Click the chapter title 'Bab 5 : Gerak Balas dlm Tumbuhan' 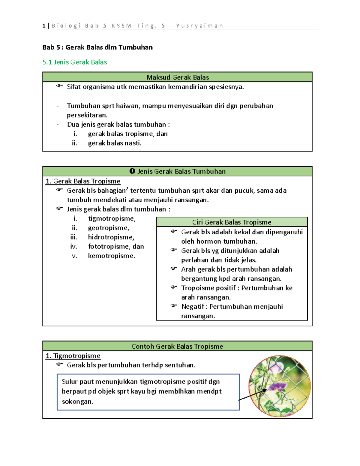click(97, 47)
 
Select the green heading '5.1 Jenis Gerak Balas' click(75, 62)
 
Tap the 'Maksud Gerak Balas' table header click(177, 77)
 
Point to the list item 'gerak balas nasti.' click(115, 143)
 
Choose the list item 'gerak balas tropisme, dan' click(127, 134)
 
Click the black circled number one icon click(132, 171)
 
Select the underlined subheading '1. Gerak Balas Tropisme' click(83, 181)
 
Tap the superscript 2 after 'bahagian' click(127, 189)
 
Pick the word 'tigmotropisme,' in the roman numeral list click(112, 219)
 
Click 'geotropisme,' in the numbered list click(109, 228)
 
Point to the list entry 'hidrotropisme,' click(111, 237)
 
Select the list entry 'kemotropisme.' click(111, 256)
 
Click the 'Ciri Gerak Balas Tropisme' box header click(232, 222)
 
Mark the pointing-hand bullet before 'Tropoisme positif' click(174, 287)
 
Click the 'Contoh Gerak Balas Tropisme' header click(177, 346)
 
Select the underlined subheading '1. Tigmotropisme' click(73, 356)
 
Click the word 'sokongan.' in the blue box click(77, 402)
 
